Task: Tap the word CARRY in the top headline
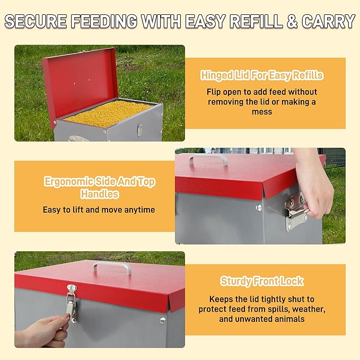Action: [328, 22]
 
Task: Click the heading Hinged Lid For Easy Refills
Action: [262, 75]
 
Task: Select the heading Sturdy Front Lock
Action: [262, 282]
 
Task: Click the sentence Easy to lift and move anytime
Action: [99, 209]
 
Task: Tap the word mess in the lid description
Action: [262, 112]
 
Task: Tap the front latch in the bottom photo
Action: [71, 303]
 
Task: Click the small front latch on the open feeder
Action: [139, 129]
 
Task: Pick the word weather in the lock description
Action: [306, 309]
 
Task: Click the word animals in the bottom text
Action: [289, 319]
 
